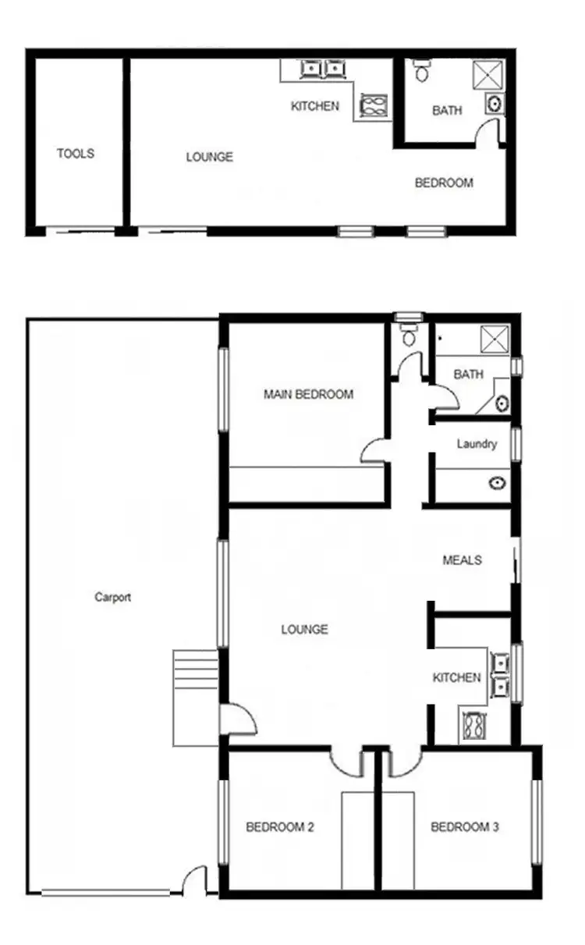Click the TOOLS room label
tap(76, 154)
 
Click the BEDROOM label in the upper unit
tap(444, 183)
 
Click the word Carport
tap(113, 598)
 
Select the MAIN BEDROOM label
tap(308, 395)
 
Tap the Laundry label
tap(477, 444)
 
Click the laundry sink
tap(497, 483)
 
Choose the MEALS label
tap(462, 560)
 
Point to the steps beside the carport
tap(195, 697)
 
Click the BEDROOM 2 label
tap(280, 827)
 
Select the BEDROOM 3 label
tap(465, 827)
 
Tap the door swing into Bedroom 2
tap(345, 762)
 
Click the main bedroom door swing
tap(374, 451)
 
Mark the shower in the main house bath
tap(495, 339)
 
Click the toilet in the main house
tap(408, 336)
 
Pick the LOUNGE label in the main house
tap(304, 630)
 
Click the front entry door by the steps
tap(239, 719)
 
